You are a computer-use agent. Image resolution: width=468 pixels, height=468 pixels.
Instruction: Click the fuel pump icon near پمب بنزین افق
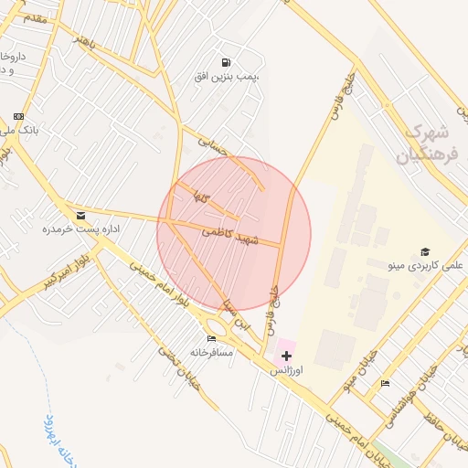[x=226, y=62]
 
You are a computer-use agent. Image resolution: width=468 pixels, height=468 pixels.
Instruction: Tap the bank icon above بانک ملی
[x=18, y=116]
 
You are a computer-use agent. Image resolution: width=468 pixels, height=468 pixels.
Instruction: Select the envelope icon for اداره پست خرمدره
[x=81, y=216]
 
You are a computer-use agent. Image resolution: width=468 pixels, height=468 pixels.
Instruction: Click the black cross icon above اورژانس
[x=286, y=355]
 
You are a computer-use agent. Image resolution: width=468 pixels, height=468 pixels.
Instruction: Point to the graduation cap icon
[x=424, y=251]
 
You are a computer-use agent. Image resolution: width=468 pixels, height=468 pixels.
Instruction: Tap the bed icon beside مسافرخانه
[x=212, y=338]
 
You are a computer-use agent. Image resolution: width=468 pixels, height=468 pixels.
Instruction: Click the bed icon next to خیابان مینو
[x=385, y=384]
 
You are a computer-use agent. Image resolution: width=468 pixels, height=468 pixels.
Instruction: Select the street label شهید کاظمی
[x=234, y=236]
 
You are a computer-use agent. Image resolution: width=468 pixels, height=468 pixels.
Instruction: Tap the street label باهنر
[x=84, y=42]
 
